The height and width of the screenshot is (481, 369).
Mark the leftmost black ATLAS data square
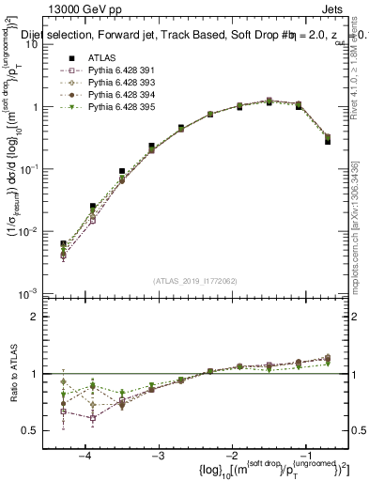(x=63, y=244)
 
